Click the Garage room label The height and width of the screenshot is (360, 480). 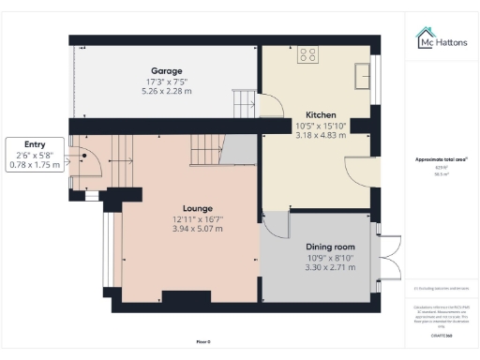[x=166, y=70]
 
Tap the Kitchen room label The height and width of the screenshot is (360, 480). [x=322, y=114]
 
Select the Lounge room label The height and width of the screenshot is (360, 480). [x=198, y=208]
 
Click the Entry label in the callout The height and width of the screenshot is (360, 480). [x=34, y=143]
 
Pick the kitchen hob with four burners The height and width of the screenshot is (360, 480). [x=307, y=55]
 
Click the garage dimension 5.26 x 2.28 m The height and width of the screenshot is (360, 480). [x=166, y=91]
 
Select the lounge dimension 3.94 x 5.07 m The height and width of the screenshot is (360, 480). [x=198, y=230]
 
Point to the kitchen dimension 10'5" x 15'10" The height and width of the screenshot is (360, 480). [x=322, y=126]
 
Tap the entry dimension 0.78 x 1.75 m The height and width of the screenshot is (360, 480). [x=34, y=165]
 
